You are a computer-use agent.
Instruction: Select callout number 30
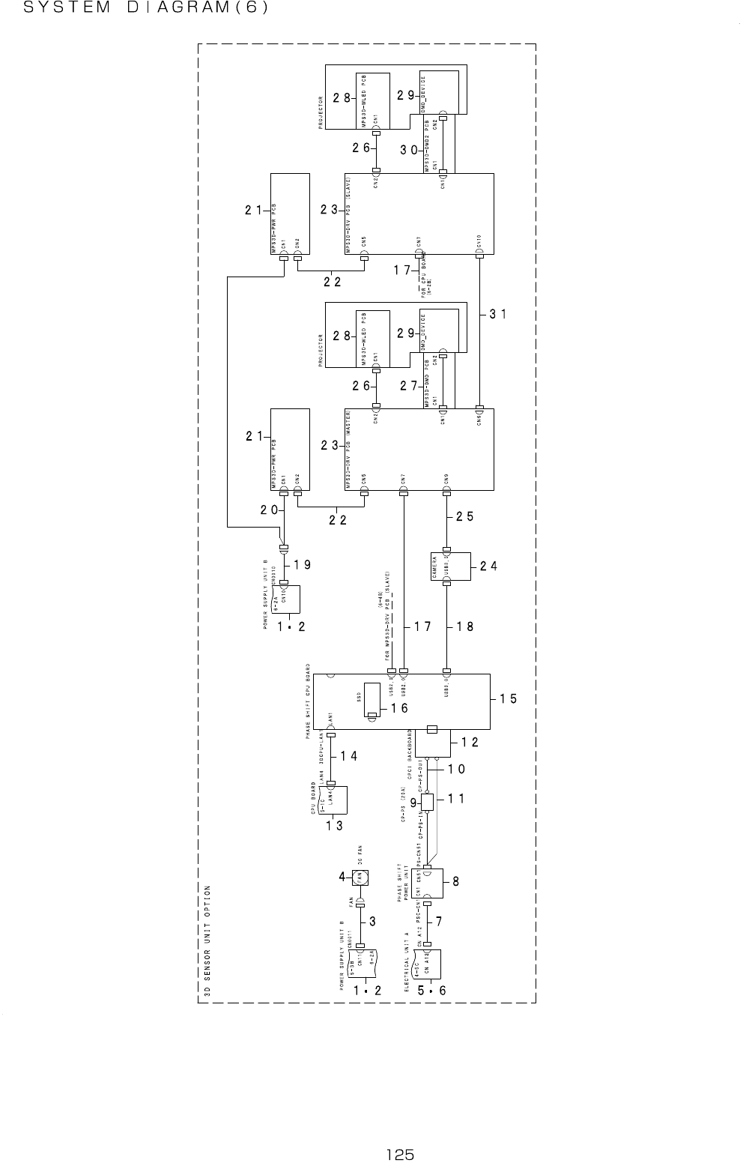(x=409, y=150)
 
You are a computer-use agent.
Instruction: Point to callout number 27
(x=409, y=386)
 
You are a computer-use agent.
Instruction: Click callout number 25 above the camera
(x=464, y=516)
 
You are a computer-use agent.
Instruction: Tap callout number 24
(x=488, y=567)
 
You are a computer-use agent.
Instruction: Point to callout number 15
(x=509, y=698)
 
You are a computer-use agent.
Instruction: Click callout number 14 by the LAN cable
(x=348, y=756)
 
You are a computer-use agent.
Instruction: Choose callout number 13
(x=335, y=826)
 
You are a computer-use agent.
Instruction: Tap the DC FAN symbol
(x=360, y=876)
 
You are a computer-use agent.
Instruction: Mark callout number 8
(x=455, y=883)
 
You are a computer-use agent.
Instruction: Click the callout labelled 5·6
(x=432, y=990)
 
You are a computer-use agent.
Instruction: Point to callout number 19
(x=303, y=564)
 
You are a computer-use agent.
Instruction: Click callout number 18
(x=464, y=626)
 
